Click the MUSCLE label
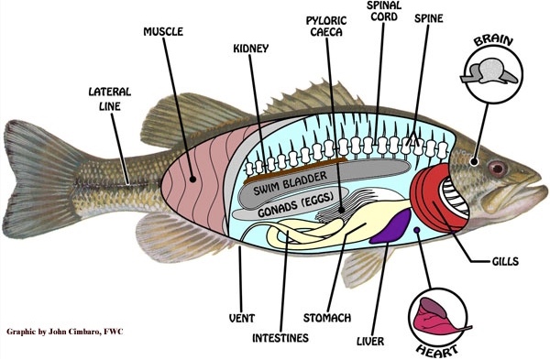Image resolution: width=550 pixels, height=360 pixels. [163, 32]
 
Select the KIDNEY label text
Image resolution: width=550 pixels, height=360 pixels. [250, 47]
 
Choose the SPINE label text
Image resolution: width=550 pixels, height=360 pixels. [432, 17]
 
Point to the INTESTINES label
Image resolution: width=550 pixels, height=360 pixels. [280, 338]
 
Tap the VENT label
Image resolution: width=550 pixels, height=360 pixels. [241, 319]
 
